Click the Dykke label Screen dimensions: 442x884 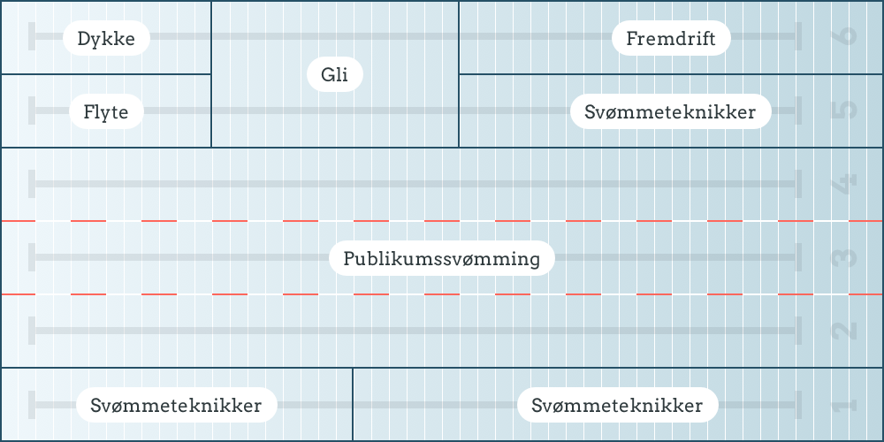click(x=106, y=38)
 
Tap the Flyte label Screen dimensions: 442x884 click(x=106, y=112)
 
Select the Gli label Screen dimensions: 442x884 click(x=335, y=75)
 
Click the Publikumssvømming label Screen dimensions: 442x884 click(x=442, y=259)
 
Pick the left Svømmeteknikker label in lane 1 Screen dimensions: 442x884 click(x=176, y=406)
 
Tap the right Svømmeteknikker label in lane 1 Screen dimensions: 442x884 click(x=617, y=406)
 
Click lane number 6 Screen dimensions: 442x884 click(x=844, y=37)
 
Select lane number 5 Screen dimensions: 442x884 click(x=844, y=110)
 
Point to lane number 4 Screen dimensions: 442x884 click(x=844, y=184)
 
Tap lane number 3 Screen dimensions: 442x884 click(x=844, y=257)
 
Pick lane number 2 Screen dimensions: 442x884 click(x=844, y=331)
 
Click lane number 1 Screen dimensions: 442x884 click(x=844, y=405)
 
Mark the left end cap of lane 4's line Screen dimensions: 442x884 click(x=33, y=184)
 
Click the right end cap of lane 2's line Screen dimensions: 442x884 click(x=798, y=331)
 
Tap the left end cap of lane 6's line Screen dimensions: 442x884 click(x=33, y=37)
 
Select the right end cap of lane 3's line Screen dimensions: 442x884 click(x=798, y=257)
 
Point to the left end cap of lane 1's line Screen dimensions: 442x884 click(x=33, y=405)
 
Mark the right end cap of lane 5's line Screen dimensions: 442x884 click(x=798, y=110)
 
